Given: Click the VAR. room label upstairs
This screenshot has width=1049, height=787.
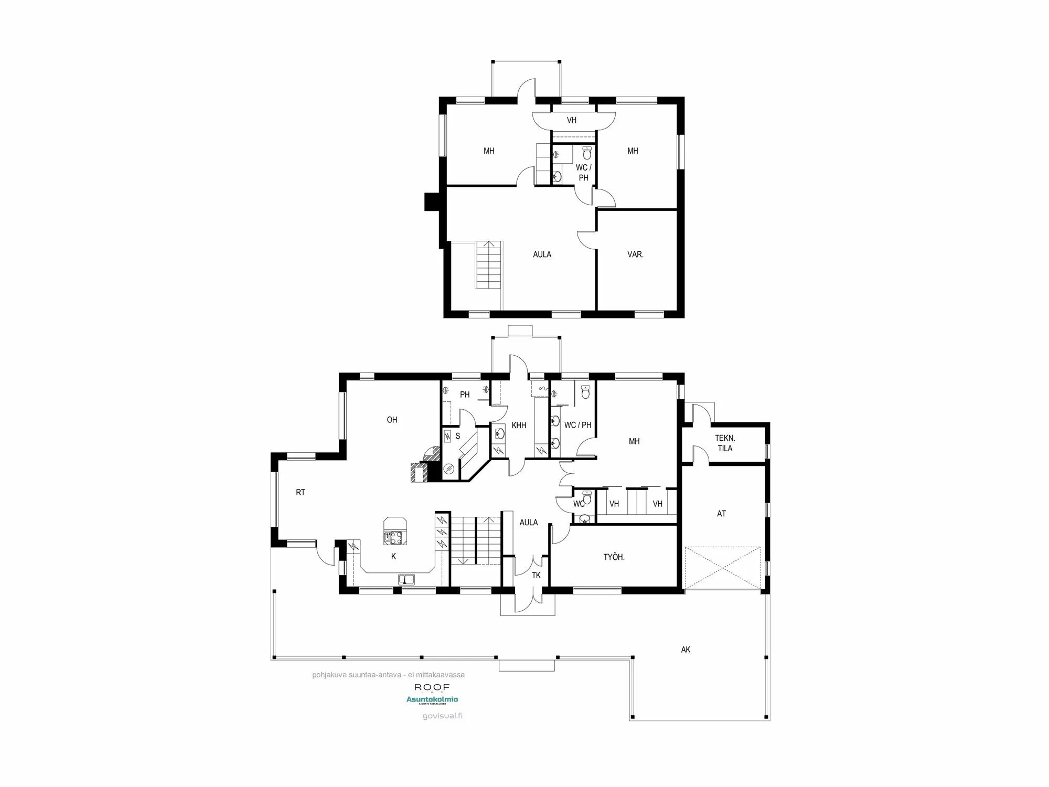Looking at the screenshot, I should click(x=635, y=254).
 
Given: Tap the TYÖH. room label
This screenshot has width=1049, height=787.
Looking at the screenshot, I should click(x=614, y=557).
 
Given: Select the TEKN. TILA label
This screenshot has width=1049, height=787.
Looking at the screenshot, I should click(x=725, y=443).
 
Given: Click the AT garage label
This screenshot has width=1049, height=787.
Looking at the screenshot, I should click(x=721, y=514).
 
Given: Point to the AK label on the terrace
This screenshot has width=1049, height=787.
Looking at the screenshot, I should click(x=686, y=650).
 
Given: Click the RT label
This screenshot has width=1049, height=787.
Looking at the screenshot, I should click(x=301, y=492).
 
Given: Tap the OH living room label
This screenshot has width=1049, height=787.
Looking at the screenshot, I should click(x=392, y=420).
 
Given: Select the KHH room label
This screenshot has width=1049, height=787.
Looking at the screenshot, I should click(x=519, y=426).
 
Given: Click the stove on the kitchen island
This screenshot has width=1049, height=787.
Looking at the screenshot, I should click(x=395, y=537).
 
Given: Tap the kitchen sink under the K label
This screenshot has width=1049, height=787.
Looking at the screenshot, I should click(x=406, y=580).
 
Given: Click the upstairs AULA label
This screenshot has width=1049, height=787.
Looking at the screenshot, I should click(x=542, y=254).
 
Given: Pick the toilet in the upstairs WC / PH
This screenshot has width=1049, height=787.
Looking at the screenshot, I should click(x=587, y=154).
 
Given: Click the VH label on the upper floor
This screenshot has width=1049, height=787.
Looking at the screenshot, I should click(x=572, y=120).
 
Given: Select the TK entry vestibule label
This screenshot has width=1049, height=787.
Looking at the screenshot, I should click(x=536, y=575).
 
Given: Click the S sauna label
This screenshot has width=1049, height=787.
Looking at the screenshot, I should click(x=457, y=436).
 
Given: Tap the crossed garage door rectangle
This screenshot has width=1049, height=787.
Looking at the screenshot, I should click(x=722, y=568).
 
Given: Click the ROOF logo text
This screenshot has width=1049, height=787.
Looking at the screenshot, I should click(x=432, y=687).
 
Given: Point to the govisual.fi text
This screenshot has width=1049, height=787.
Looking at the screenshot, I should click(x=443, y=716).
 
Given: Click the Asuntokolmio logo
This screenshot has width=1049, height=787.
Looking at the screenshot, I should click(x=432, y=699).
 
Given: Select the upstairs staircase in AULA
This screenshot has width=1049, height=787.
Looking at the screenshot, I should click(x=489, y=265).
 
